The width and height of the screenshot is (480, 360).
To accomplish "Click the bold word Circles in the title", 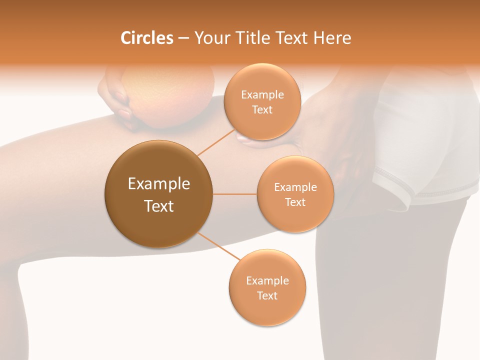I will pyautogui.click(x=146, y=38).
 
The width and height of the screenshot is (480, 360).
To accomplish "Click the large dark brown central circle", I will pyautogui.click(x=158, y=194).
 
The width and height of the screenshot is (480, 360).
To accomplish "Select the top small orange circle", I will pyautogui.click(x=262, y=102).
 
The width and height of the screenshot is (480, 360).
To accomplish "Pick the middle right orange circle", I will pyautogui.click(x=295, y=194).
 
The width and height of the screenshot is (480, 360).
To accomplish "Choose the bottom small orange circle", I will pyautogui.click(x=267, y=287).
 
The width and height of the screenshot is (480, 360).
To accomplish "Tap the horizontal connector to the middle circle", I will pyautogui.click(x=234, y=194).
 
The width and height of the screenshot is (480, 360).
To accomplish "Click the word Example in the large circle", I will pyautogui.click(x=158, y=184).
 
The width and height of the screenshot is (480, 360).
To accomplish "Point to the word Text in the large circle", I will pyautogui.click(x=158, y=206).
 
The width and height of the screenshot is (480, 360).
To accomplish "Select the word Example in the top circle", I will pyautogui.click(x=262, y=95).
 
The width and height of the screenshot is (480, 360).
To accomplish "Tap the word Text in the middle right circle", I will pyautogui.click(x=295, y=202).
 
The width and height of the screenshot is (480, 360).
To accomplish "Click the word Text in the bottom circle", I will pyautogui.click(x=267, y=295).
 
